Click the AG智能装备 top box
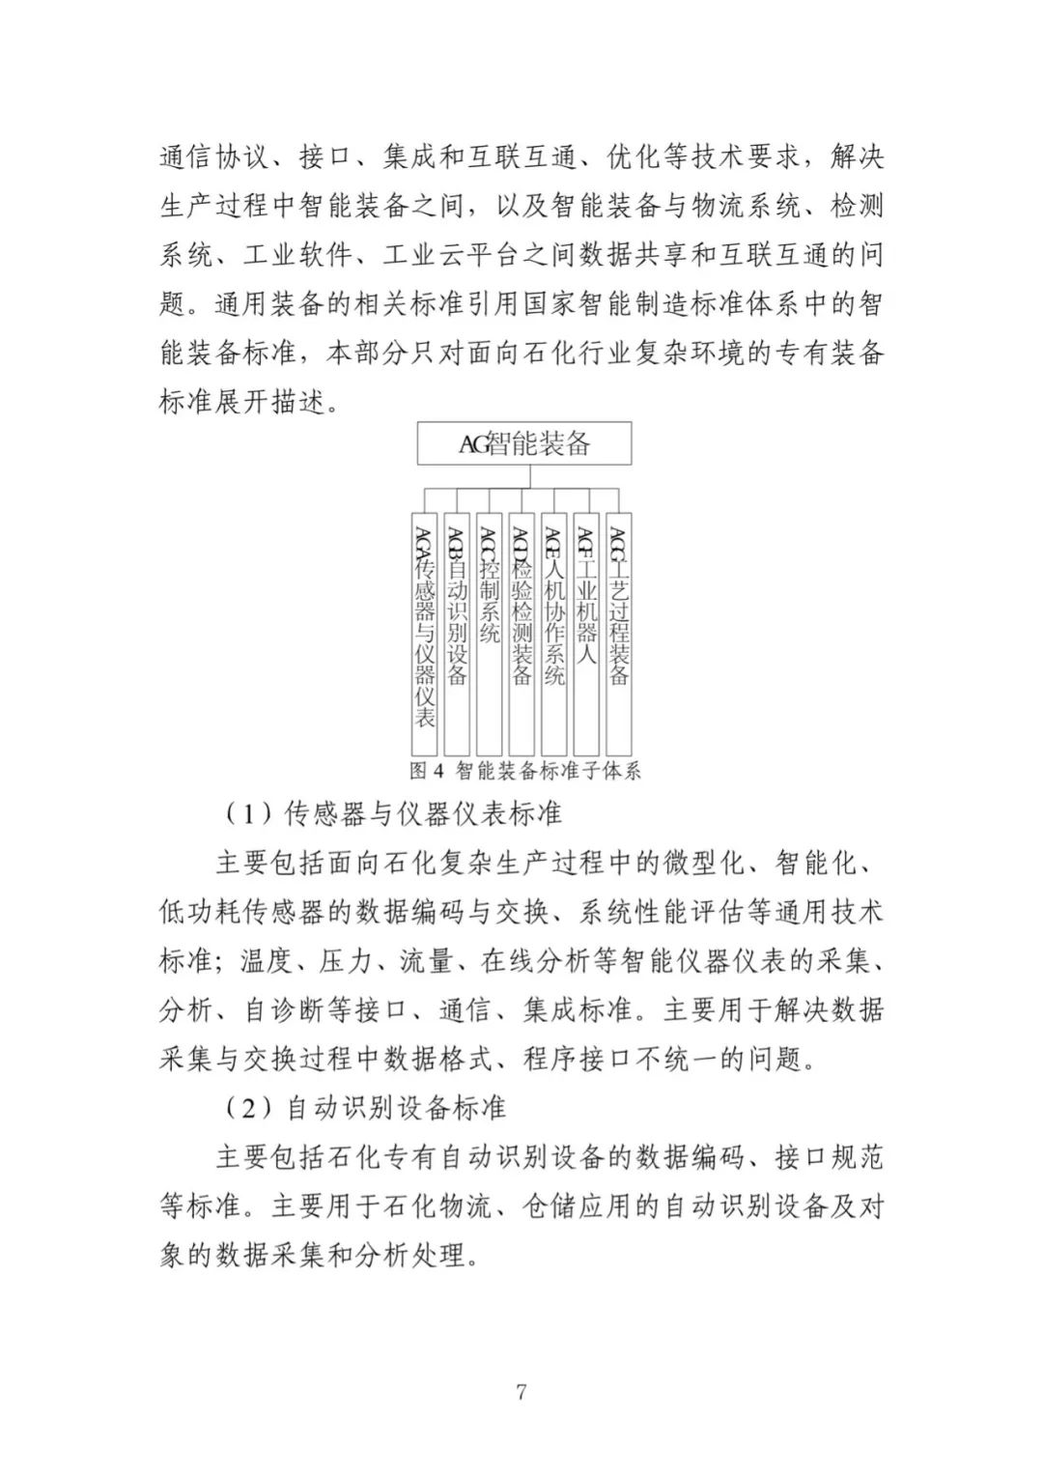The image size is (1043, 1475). [524, 444]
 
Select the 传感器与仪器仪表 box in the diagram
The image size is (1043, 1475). [425, 634]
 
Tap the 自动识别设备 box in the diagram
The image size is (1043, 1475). [457, 634]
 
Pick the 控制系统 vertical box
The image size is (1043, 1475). [490, 634]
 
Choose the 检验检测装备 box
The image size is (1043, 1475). [521, 634]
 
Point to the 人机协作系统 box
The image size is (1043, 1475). [553, 634]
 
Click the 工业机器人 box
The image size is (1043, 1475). [586, 634]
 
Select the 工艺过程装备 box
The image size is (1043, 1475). [618, 634]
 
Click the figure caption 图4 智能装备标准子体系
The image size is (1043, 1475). [524, 771]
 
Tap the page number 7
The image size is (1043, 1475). [521, 1392]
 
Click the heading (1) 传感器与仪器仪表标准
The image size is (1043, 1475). [393, 814]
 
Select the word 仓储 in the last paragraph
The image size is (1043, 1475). [550, 1206]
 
